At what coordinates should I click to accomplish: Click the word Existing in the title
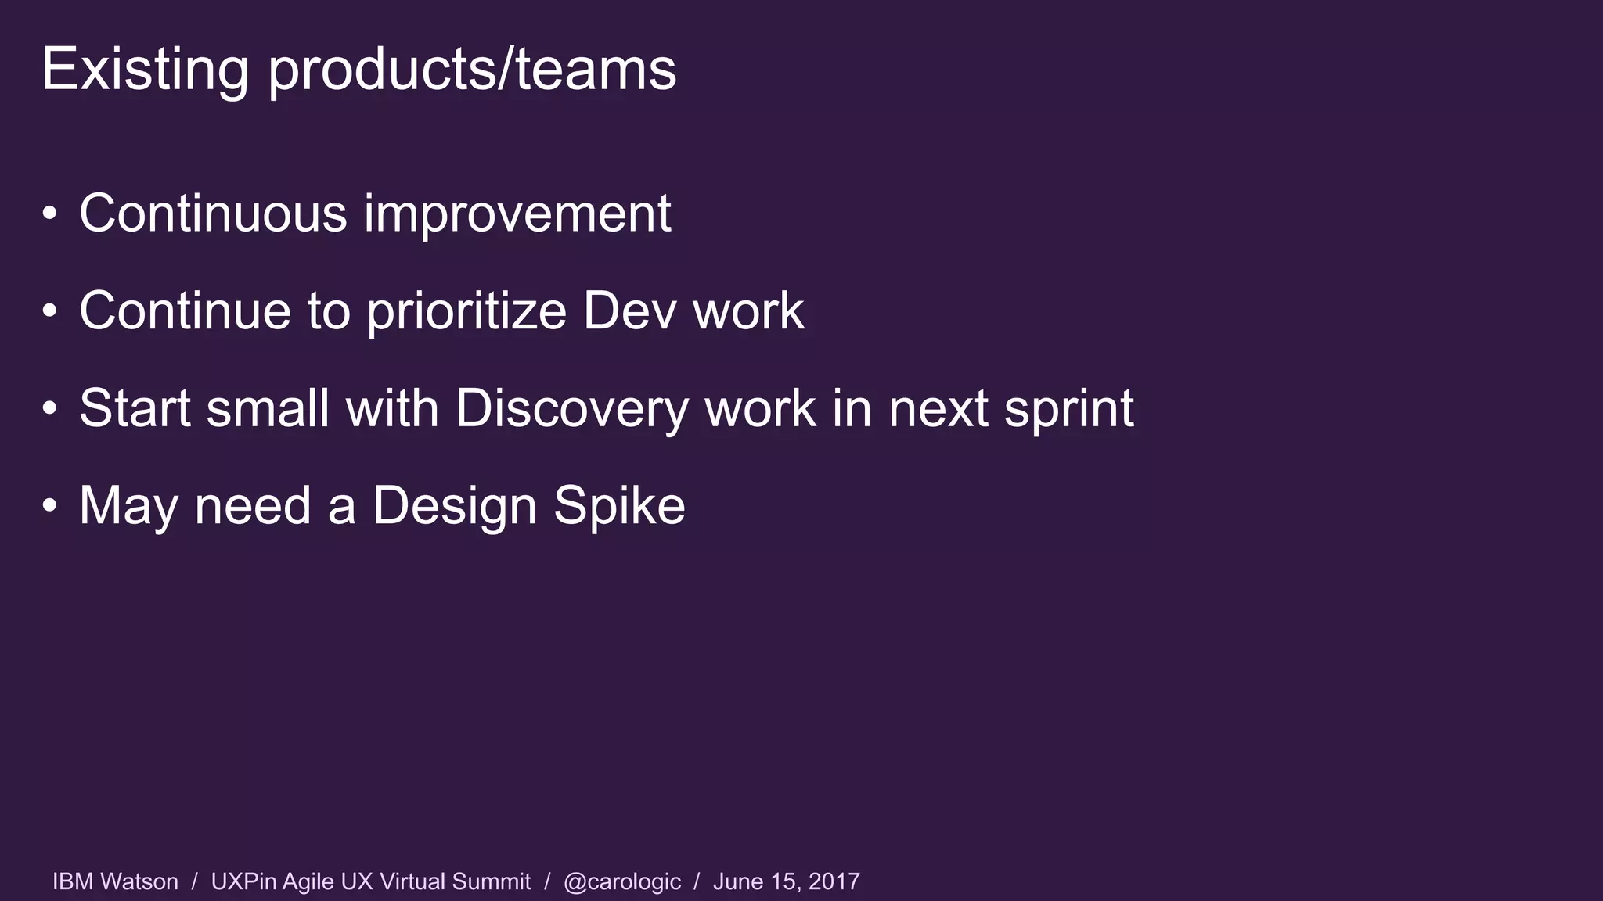[x=145, y=70]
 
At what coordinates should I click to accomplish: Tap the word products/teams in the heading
[x=472, y=70]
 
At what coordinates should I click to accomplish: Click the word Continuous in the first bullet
[x=213, y=214]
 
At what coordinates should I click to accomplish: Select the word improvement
[x=517, y=215]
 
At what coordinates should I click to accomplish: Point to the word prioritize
[x=466, y=312]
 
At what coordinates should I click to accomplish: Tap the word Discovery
[x=572, y=409]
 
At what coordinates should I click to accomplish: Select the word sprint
[x=1068, y=410]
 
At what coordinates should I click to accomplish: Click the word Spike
[x=619, y=506]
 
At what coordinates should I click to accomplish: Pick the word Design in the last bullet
[x=454, y=507]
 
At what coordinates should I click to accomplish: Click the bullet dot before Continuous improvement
[x=50, y=214]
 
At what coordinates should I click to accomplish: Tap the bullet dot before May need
[x=50, y=506]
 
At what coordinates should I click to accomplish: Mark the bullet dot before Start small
[x=50, y=409]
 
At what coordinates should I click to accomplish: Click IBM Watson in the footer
[x=115, y=881]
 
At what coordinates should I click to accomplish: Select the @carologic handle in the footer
[x=622, y=881]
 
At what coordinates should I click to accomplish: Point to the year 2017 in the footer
[x=834, y=881]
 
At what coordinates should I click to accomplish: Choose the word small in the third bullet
[x=268, y=408]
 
